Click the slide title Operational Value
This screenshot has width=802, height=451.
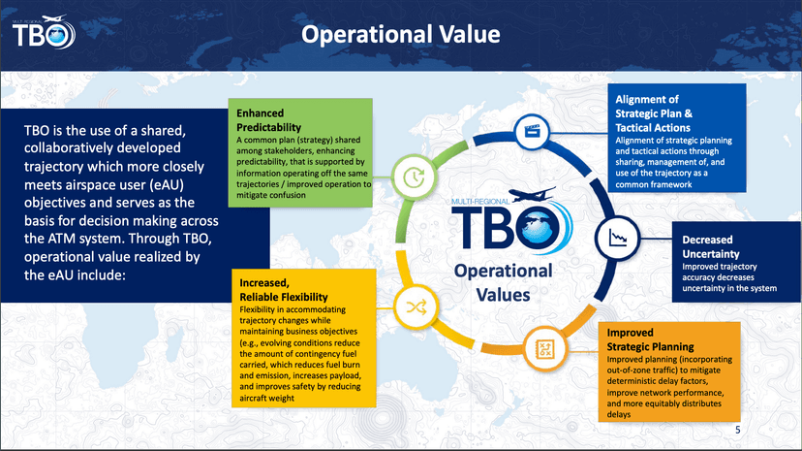[400, 34]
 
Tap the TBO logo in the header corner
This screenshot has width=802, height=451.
[44, 32]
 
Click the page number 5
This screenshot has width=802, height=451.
[737, 430]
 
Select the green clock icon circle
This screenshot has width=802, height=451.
[414, 177]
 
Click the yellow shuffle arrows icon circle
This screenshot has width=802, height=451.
[416, 307]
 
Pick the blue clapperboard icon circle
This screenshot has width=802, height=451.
[532, 132]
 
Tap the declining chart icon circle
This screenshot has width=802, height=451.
[617, 238]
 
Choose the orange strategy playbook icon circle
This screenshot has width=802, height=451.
[545, 349]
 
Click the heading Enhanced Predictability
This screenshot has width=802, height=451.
[268, 120]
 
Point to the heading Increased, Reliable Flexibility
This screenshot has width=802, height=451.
[284, 290]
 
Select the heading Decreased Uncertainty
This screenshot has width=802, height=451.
[711, 246]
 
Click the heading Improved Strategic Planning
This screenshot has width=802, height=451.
[650, 339]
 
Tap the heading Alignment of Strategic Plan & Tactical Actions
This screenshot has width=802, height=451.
[654, 113]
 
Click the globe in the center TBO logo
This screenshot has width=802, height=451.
[540, 228]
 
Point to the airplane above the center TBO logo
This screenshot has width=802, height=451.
[533, 194]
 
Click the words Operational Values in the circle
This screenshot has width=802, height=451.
[504, 282]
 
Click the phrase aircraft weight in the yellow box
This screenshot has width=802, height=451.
[266, 398]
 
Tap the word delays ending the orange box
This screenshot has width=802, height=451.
[619, 414]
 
